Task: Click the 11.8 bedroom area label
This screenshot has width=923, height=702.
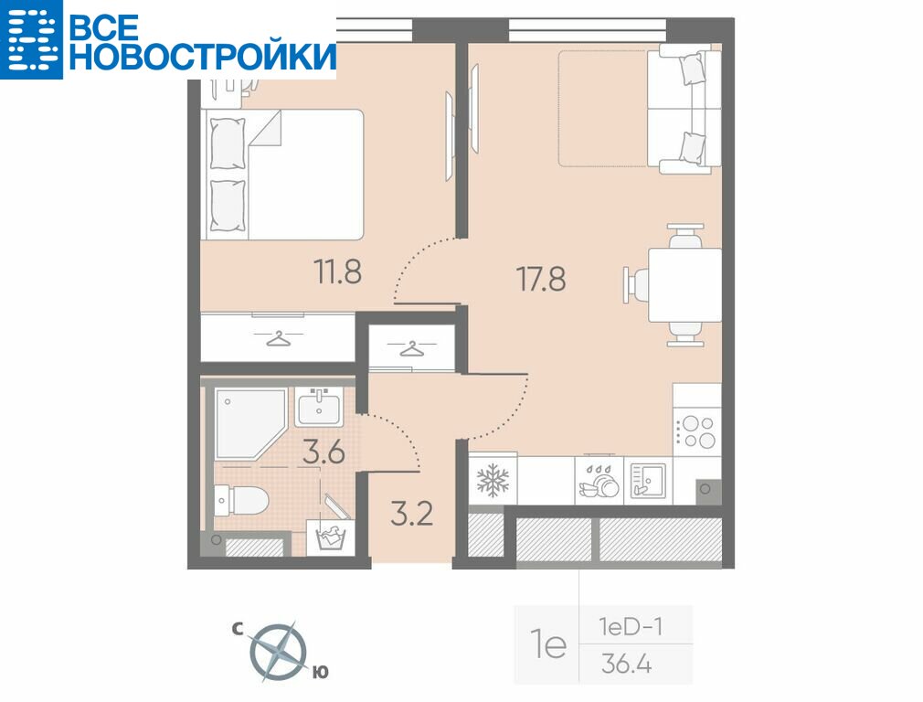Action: (338, 272)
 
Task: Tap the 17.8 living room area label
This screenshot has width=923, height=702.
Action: (541, 279)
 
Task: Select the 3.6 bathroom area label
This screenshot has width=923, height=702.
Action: (324, 452)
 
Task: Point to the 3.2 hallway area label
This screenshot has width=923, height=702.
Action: (412, 514)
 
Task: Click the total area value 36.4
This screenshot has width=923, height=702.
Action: (626, 665)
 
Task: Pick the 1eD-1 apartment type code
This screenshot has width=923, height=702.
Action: (631, 627)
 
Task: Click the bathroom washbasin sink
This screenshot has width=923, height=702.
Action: (319, 407)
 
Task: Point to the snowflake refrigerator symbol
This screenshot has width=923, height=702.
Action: (492, 480)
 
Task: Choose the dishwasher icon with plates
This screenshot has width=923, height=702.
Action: (599, 480)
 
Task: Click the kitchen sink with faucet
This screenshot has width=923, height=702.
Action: (648, 481)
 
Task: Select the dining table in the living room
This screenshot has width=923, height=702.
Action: (684, 285)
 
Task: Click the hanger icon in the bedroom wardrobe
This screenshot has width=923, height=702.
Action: (278, 338)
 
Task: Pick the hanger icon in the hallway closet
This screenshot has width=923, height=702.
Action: (412, 348)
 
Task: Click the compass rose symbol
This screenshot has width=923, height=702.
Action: (278, 651)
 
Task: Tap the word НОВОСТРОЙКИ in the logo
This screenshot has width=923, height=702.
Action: (203, 57)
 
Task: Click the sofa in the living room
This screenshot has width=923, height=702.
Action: (684, 109)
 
